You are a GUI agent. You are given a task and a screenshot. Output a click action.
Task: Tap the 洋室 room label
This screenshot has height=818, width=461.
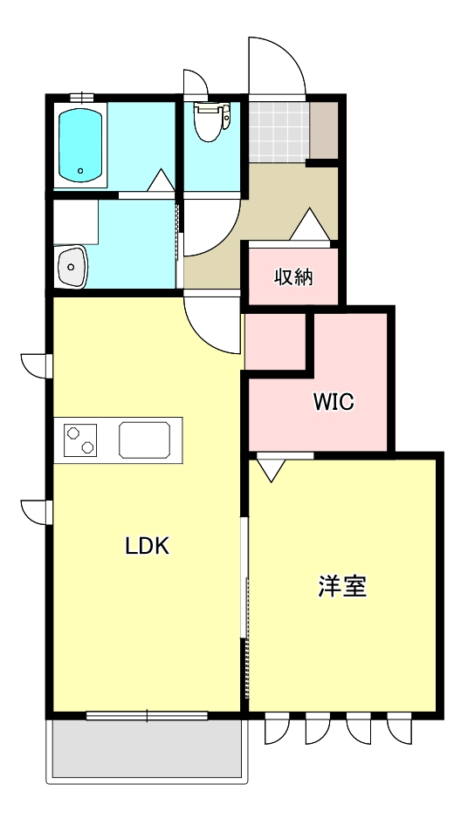341,587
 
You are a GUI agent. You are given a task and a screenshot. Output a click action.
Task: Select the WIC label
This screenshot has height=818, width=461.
334,403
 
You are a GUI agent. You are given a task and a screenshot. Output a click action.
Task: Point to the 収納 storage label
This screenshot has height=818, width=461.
293,278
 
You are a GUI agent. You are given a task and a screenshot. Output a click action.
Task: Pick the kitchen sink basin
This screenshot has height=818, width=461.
148,439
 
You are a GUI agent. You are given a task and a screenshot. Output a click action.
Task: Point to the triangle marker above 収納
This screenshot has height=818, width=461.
309,225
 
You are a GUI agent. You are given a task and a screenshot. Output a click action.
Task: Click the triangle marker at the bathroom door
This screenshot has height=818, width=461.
161,180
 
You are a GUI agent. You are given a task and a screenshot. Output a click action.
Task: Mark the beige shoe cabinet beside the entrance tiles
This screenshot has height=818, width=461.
324,131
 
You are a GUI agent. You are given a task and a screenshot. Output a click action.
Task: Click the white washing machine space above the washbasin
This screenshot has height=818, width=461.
76,222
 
